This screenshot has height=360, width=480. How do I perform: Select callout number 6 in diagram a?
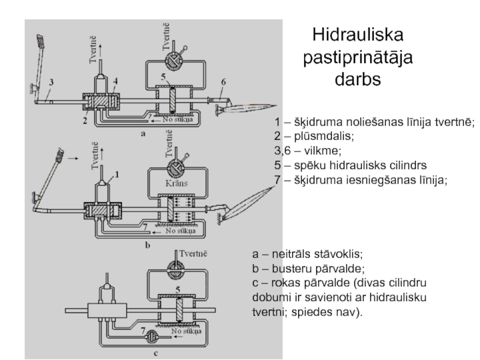click(x=223, y=82)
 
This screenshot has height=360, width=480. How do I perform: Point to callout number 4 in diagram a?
click(x=115, y=81)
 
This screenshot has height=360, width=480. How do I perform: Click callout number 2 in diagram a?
click(x=85, y=121)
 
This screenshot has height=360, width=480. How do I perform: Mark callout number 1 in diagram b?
click(x=118, y=174)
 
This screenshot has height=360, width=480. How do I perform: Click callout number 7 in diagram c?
click(x=142, y=331)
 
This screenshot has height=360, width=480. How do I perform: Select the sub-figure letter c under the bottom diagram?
click(x=155, y=353)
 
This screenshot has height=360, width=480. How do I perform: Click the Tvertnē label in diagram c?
click(x=193, y=252)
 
